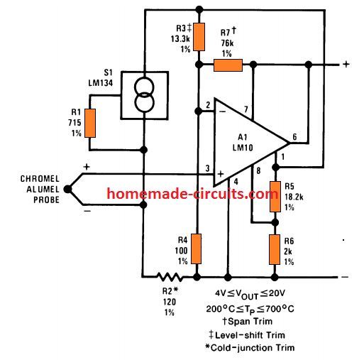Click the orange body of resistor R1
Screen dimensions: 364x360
(x=90, y=123)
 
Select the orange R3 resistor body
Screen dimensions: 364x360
(x=199, y=37)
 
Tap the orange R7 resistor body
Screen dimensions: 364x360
(x=228, y=65)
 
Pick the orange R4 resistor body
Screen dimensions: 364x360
(x=196, y=249)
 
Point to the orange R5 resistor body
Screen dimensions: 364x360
(x=275, y=197)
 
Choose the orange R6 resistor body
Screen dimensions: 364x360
(x=275, y=249)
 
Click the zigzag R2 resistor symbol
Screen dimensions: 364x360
(x=170, y=277)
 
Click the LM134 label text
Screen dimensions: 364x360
(x=101, y=83)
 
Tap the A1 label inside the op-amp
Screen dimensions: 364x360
(x=243, y=137)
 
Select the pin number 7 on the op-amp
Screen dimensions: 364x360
(x=246, y=109)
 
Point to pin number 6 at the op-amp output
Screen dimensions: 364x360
(x=294, y=136)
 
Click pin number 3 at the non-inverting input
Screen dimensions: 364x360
(x=207, y=168)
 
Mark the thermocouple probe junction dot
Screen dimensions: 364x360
(x=67, y=189)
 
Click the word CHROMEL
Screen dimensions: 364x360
(x=40, y=179)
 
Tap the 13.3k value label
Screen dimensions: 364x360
(x=180, y=39)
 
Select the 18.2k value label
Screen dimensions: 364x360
(x=294, y=197)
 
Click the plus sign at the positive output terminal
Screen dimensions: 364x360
(x=346, y=64)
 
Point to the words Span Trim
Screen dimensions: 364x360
(x=250, y=322)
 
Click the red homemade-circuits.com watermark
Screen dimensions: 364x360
(x=192, y=194)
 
